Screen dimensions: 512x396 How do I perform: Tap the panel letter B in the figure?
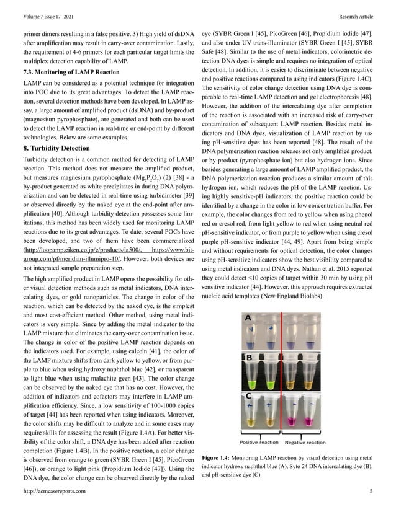click(248, 358)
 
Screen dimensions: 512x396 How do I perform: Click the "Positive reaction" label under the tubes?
click(259, 443)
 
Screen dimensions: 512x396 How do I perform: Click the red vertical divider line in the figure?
click(283, 372)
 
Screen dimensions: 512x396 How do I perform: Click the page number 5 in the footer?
click(371, 491)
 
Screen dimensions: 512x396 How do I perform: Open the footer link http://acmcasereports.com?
click(54, 491)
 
